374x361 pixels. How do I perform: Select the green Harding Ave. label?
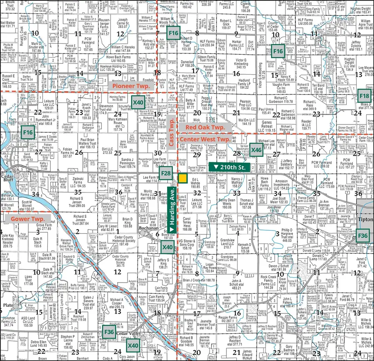[171, 210]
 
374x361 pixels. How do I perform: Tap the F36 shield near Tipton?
[363, 235]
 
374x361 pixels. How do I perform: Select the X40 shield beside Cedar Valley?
[133, 345]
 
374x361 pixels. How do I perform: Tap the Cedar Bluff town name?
[8, 177]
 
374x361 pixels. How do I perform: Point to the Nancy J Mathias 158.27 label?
[236, 183]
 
